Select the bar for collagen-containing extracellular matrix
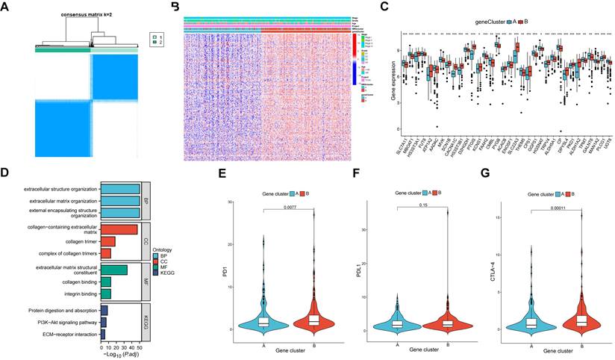point(119,229)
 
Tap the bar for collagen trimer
point(107,242)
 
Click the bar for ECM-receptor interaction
point(104,334)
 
